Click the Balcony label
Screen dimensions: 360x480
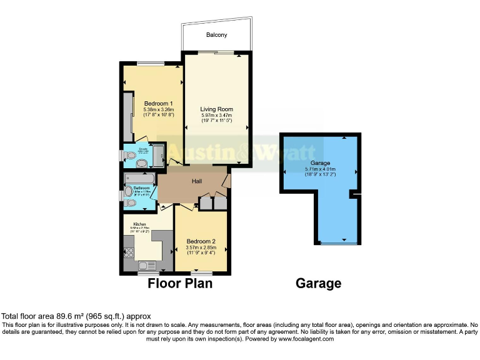(x=217, y=35)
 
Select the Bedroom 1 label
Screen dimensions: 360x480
(x=158, y=103)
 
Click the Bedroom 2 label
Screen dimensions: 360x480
(x=201, y=241)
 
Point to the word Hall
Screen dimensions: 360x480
(x=197, y=181)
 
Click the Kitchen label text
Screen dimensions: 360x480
(x=139, y=223)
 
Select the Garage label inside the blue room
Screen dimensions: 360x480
(x=321, y=162)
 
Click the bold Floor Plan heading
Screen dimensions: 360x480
(x=180, y=284)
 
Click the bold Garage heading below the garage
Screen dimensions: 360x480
(x=318, y=284)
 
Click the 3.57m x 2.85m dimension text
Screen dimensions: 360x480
(x=201, y=247)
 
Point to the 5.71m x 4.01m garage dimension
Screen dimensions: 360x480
(x=321, y=169)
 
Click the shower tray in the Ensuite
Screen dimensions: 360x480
(x=158, y=153)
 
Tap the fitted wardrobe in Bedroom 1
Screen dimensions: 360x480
(x=129, y=117)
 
